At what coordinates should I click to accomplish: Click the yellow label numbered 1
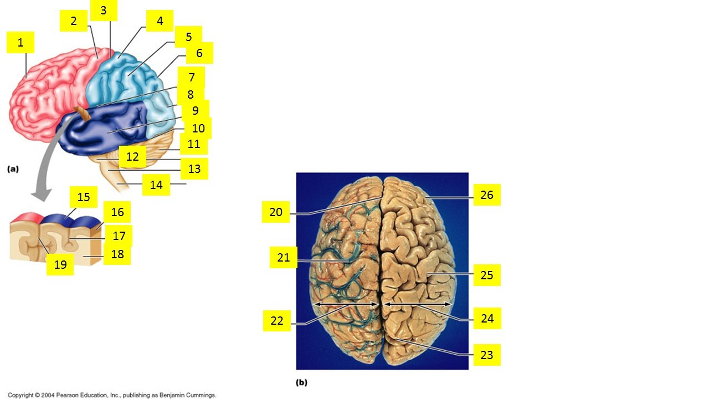tap(20, 42)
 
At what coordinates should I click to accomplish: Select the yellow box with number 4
tap(160, 21)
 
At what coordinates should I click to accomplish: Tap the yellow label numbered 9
tap(196, 110)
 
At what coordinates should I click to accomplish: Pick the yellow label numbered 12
tap(132, 156)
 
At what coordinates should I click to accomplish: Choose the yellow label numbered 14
tap(156, 185)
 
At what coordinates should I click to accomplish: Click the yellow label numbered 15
tap(84, 197)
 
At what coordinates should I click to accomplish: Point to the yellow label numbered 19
tap(60, 264)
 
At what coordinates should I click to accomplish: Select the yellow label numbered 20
tap(276, 212)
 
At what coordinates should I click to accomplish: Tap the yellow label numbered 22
tap(277, 320)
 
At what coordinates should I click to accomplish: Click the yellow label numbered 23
tap(487, 355)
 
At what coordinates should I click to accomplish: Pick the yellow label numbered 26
tap(487, 195)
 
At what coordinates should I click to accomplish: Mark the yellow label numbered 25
tap(487, 275)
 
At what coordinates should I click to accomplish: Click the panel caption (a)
tap(13, 169)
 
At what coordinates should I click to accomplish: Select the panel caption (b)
tap(302, 382)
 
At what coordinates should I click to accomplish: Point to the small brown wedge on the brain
tap(83, 114)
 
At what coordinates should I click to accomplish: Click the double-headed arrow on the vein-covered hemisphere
tap(346, 304)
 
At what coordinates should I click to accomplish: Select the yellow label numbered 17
tap(119, 236)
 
